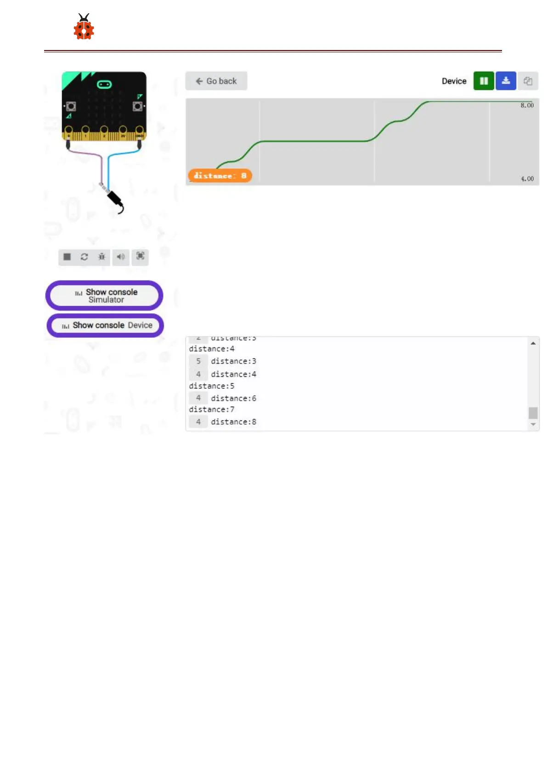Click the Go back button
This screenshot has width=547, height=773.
pyautogui.click(x=216, y=81)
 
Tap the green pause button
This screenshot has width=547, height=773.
pyautogui.click(x=484, y=81)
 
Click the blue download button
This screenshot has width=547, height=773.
pyautogui.click(x=506, y=81)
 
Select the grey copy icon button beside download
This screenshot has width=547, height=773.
pyautogui.click(x=528, y=81)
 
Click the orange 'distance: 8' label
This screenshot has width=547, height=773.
pyautogui.click(x=220, y=176)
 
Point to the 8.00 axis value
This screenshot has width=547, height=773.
pyautogui.click(x=527, y=106)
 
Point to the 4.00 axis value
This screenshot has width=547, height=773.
pyautogui.click(x=527, y=179)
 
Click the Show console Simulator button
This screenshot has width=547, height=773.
pyautogui.click(x=105, y=296)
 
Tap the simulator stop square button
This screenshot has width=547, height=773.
pyautogui.click(x=67, y=257)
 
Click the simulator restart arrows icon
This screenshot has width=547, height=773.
pyautogui.click(x=85, y=257)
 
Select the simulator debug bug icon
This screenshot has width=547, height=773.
pyautogui.click(x=102, y=257)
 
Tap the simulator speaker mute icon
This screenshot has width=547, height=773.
pyautogui.click(x=121, y=257)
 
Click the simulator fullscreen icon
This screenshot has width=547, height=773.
pyautogui.click(x=141, y=256)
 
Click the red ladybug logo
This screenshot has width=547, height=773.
pyautogui.click(x=84, y=28)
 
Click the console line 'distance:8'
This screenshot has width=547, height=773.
pyautogui.click(x=233, y=422)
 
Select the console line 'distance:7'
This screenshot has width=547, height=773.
pyautogui.click(x=212, y=409)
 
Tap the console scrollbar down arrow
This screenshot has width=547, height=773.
pyautogui.click(x=533, y=425)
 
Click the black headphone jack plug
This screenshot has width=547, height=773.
pyautogui.click(x=115, y=200)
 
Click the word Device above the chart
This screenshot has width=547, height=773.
pyautogui.click(x=454, y=81)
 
